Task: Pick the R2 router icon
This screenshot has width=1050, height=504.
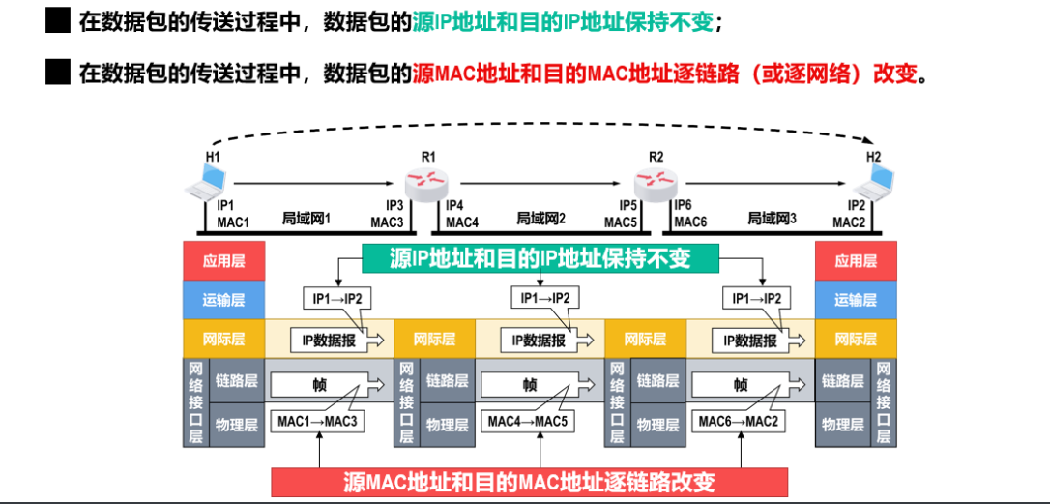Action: tap(656, 180)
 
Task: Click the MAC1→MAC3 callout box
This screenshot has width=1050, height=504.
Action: tap(318, 422)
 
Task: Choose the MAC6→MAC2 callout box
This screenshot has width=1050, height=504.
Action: tap(742, 422)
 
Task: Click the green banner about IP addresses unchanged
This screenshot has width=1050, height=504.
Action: tap(540, 258)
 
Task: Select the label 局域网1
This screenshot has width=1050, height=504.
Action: tap(307, 218)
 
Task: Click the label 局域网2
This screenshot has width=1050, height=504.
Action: tap(541, 218)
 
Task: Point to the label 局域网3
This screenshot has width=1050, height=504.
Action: tap(773, 218)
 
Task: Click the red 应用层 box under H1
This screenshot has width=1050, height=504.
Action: tap(224, 261)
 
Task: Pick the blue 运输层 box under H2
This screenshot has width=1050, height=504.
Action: tap(855, 300)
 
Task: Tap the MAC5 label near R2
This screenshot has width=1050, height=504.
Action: tap(620, 222)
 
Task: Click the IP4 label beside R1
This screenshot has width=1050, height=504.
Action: tap(455, 205)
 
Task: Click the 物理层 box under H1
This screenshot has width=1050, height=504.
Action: tap(236, 425)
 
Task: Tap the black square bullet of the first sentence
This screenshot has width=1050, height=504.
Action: tap(58, 20)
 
